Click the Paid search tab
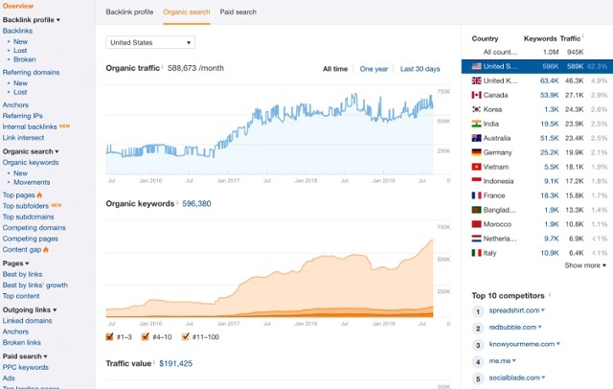click(x=238, y=12)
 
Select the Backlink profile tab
click(x=129, y=12)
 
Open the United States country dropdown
click(x=150, y=42)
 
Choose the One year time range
click(x=374, y=69)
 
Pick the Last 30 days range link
click(x=420, y=69)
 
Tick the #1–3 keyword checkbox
click(x=111, y=336)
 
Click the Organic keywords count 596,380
click(x=202, y=203)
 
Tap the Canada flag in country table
click(x=476, y=96)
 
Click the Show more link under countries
click(x=583, y=265)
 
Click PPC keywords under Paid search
click(x=26, y=367)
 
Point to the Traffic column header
click(x=572, y=39)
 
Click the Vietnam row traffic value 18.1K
click(x=574, y=166)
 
